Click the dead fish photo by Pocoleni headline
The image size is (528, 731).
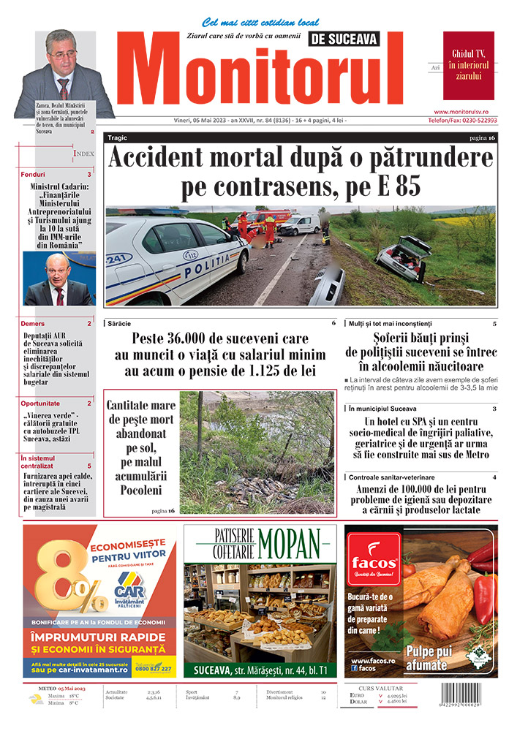click(x=257, y=453)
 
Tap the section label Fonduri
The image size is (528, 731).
click(x=34, y=175)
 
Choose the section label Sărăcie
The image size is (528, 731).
click(x=121, y=323)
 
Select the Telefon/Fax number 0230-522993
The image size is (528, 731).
click(x=463, y=120)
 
